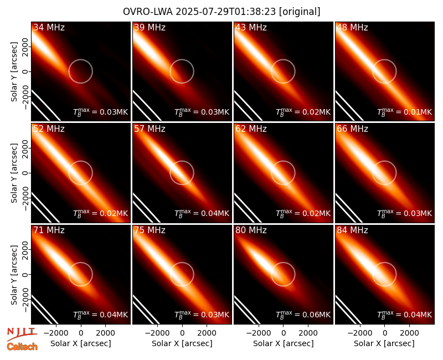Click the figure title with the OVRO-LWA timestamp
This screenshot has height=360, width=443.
tap(221, 12)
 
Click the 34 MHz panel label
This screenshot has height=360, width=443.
tap(49, 27)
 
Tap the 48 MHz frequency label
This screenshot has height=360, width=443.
tap(352, 27)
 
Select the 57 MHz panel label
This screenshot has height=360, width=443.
tap(150, 129)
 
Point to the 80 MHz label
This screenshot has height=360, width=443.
tap(251, 230)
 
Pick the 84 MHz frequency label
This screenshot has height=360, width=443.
tap(352, 230)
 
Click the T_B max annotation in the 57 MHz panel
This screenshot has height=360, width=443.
tap(202, 213)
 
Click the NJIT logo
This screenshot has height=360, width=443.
tap(22, 333)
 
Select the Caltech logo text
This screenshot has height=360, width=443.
tap(22, 347)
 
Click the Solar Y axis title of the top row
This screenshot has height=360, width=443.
tap(14, 72)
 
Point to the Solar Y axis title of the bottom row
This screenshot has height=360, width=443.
tap(14, 275)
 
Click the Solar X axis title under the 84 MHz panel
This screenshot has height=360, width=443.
tap(384, 343)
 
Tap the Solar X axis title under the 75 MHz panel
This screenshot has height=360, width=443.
tap(182, 343)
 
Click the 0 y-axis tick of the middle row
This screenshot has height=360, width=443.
tap(25, 173)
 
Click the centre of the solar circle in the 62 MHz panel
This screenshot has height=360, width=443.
tap(283, 173)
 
